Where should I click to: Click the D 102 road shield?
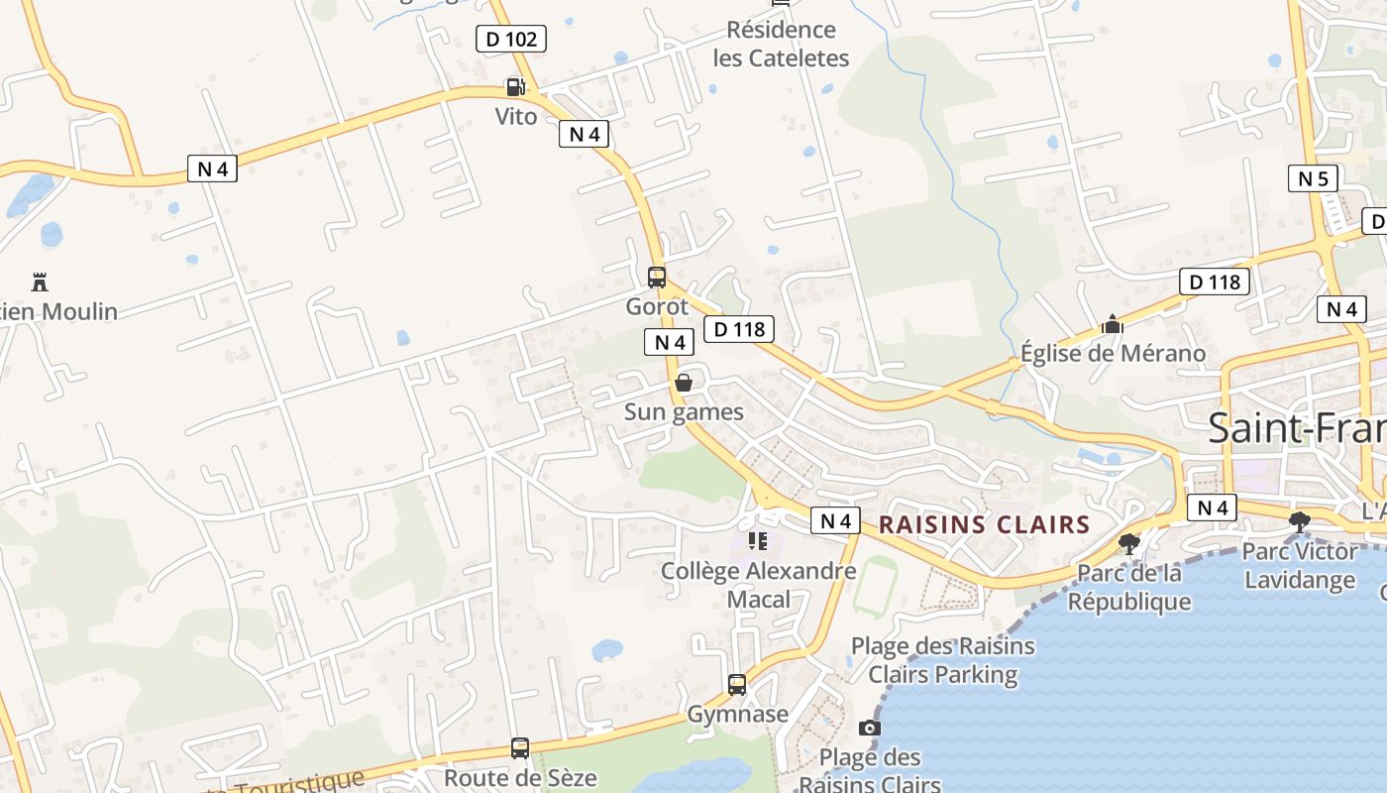[511, 39]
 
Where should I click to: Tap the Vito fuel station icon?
[514, 87]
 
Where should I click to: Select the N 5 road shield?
[1313, 178]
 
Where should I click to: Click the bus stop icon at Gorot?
[656, 277]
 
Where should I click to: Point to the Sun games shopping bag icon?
[684, 383]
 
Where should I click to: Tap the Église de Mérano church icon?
[1112, 324]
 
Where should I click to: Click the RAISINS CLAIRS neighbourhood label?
[985, 524]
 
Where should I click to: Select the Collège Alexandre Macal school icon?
[758, 541]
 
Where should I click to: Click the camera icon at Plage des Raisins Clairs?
[869, 728]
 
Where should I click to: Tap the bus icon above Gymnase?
[737, 684]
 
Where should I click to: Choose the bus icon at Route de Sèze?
[520, 747]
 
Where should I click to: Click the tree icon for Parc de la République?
[1128, 543]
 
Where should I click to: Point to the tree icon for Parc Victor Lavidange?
[1299, 521]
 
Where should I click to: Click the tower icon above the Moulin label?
[40, 282]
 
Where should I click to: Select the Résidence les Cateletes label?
[781, 44]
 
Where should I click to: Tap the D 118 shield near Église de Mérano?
[1215, 282]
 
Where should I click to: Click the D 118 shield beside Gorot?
[738, 329]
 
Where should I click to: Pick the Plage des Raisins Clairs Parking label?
[943, 660]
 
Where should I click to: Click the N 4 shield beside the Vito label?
[584, 134]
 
